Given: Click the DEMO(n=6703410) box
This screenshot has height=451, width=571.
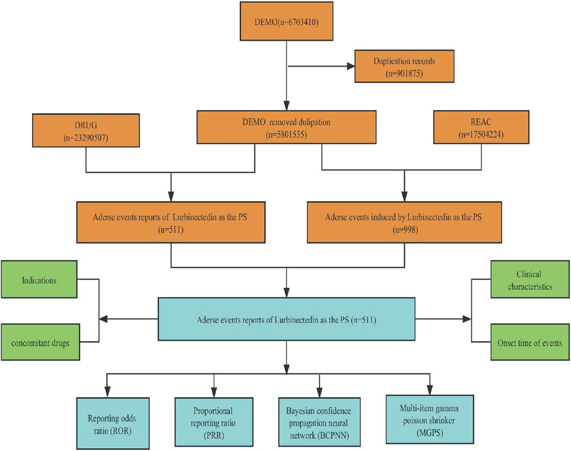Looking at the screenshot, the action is click(x=286, y=21).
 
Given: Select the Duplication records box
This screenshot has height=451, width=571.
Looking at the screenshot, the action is click(x=404, y=66).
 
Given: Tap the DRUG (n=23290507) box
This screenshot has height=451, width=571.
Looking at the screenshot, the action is click(x=86, y=130).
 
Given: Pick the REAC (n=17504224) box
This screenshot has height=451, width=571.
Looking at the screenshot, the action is click(x=481, y=127).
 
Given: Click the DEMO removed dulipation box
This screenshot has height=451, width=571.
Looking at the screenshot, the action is click(x=286, y=127).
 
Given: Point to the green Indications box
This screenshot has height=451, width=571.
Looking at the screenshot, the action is click(x=39, y=279).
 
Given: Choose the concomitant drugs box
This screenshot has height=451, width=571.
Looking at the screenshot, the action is click(x=40, y=342).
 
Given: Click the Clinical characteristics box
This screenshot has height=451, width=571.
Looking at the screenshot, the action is click(x=530, y=279).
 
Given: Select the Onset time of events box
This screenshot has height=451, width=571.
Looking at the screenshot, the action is click(x=530, y=342).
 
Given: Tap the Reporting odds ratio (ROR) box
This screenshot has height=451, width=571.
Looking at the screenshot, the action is click(x=113, y=423).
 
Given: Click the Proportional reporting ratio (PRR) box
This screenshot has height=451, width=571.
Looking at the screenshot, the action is click(x=214, y=422).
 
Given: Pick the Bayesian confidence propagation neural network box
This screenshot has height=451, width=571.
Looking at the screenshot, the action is click(x=320, y=422).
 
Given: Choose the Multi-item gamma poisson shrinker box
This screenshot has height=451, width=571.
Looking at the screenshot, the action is click(x=429, y=419).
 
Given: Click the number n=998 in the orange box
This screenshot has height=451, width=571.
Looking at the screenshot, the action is click(x=405, y=230).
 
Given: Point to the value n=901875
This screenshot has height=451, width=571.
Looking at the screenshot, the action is click(x=404, y=73).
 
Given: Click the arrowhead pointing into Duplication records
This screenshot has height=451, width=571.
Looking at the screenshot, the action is click(x=351, y=66).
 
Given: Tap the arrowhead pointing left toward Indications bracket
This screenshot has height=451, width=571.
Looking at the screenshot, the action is click(x=103, y=319).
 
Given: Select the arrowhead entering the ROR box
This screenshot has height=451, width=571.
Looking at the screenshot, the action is click(x=107, y=393).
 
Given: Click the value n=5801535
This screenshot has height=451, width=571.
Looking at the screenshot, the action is click(x=286, y=135).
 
